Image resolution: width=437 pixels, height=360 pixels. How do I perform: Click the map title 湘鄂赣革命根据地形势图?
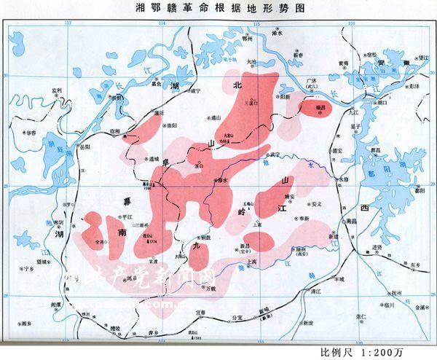219,9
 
